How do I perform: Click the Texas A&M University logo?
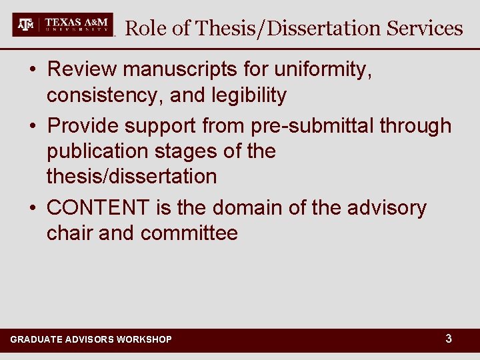pos(63,25)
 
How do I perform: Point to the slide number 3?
pos(449,339)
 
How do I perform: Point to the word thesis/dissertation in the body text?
pos(131,177)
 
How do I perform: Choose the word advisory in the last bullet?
pos(386,208)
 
